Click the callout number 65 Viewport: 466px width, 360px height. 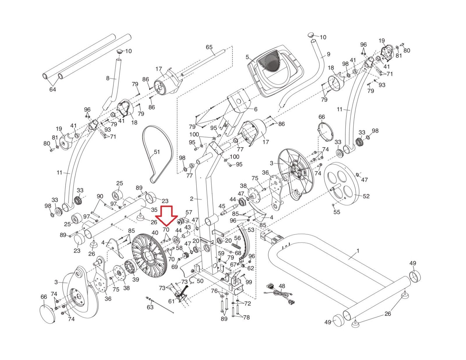click(209, 47)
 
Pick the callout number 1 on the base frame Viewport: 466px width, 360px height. click(357, 251)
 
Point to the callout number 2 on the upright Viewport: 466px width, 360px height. click(192, 199)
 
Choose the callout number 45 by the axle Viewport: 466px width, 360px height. click(222, 206)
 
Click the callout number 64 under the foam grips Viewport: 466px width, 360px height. click(52, 89)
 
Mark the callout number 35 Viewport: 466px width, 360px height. click(154, 209)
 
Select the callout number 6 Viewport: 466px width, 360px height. click(256, 109)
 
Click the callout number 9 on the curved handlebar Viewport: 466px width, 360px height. click(329, 54)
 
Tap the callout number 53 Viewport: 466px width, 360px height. click(251, 230)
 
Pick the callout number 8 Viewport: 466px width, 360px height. click(108, 78)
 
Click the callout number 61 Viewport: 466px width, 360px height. click(171, 301)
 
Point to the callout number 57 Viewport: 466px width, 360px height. click(189, 212)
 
